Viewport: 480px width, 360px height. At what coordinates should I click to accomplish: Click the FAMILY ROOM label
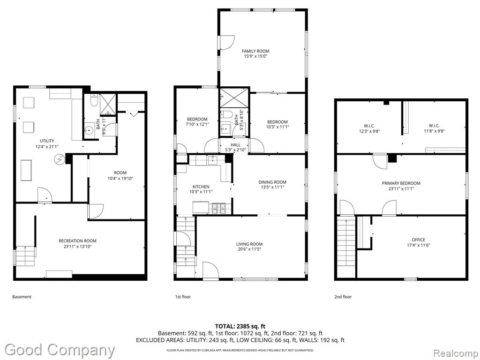[x=255, y=51]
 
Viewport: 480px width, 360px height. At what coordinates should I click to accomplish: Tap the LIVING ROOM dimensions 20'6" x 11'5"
[x=249, y=249]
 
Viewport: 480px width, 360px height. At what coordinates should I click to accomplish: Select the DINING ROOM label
[x=272, y=182]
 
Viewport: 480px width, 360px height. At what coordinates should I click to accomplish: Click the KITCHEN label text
[x=201, y=187]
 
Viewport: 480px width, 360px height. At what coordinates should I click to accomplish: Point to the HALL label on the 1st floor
[x=235, y=145]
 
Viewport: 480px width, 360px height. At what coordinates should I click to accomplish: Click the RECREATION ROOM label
[x=77, y=241]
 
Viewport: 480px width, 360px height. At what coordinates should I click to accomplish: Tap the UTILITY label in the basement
[x=47, y=141]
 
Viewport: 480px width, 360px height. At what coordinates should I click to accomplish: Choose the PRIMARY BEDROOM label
[x=401, y=183]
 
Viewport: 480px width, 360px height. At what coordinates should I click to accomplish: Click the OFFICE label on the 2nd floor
[x=418, y=240]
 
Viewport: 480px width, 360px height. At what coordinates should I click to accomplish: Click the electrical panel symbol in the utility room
[x=59, y=159]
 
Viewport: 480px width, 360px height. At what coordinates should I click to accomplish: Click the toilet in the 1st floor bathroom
[x=226, y=114]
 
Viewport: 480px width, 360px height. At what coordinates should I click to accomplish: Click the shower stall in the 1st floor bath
[x=234, y=97]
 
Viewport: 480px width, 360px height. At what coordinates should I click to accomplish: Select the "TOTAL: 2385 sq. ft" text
[x=238, y=326]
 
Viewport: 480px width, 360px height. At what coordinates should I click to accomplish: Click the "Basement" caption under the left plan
[x=22, y=297]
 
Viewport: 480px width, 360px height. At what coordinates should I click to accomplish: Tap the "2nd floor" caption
[x=343, y=297]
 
